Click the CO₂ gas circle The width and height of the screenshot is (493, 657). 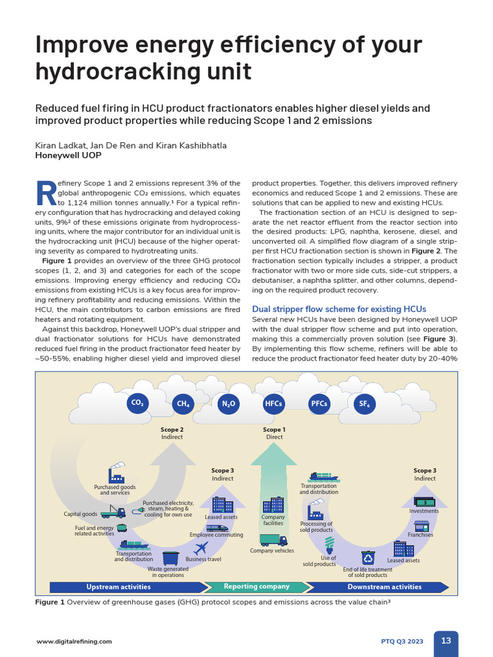pos(137,403)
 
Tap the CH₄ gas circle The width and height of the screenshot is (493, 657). pos(182,404)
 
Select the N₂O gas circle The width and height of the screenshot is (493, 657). pos(229,404)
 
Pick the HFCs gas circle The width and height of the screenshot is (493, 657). pos(273,404)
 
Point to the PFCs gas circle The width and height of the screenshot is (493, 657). pos(319,404)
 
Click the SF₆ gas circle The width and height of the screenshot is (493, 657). pos(364,404)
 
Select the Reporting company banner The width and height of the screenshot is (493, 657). pos(256,586)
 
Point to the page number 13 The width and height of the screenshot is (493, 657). pos(445,640)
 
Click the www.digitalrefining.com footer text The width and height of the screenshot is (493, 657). pos(74,641)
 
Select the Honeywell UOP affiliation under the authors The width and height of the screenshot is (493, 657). pos(68,155)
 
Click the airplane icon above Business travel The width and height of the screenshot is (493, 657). pos(201,548)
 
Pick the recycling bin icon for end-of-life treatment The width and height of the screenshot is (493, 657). pos(368,558)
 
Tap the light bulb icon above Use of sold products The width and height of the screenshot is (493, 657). pos(329,545)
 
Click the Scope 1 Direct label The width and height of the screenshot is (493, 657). pos(274,433)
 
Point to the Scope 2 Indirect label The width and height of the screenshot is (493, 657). pos(172,433)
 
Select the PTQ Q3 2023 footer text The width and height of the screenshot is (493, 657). pos(402,641)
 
